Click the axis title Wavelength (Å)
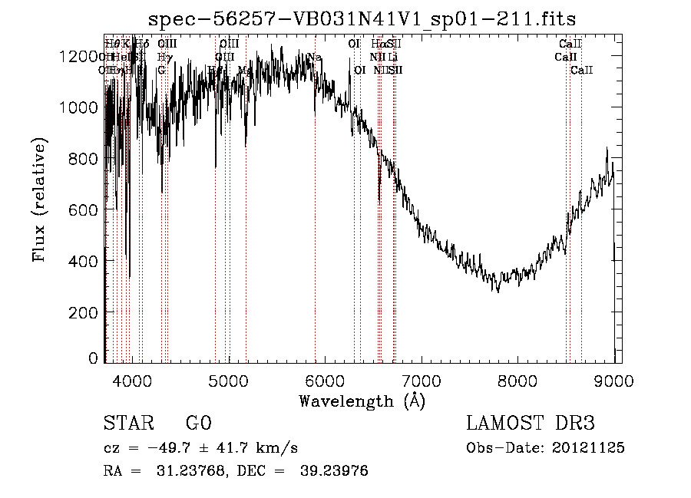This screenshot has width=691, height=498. click(x=362, y=401)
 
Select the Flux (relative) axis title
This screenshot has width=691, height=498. click(x=39, y=200)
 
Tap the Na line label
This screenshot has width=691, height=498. click(x=314, y=58)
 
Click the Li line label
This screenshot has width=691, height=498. click(x=392, y=58)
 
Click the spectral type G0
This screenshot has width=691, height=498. click(x=198, y=424)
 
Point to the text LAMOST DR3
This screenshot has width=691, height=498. click(x=531, y=424)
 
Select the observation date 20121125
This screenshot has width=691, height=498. click(x=592, y=448)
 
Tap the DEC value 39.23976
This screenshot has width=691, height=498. click(x=336, y=471)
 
